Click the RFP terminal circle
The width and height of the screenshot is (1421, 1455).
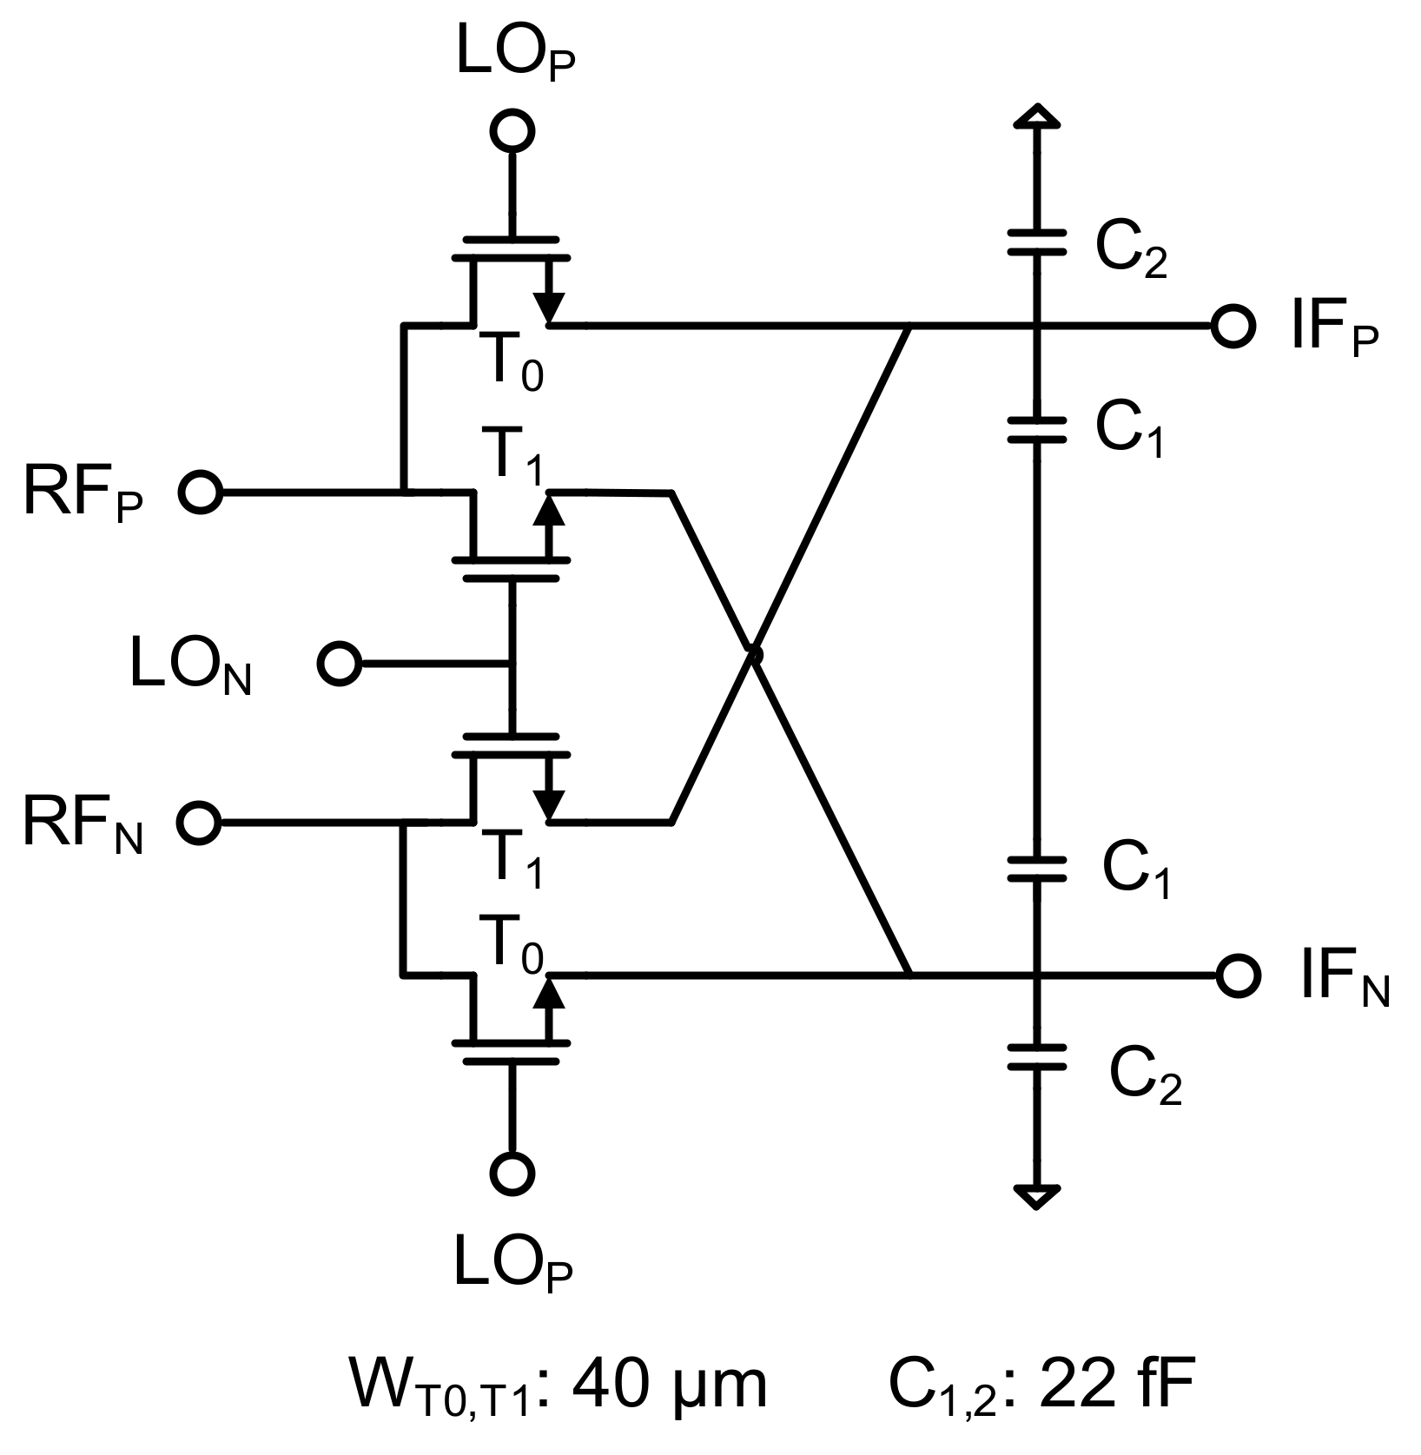201,493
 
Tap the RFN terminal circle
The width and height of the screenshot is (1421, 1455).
199,822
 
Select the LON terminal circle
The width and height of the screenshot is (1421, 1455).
339,665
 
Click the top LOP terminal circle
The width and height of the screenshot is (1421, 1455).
512,131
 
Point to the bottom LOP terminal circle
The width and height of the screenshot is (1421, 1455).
512,1174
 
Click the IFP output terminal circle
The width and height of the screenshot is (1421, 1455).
1233,327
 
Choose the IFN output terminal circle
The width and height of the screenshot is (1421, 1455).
1238,975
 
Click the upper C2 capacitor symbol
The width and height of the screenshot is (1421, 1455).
1036,242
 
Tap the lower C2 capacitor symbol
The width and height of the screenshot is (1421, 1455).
1036,1056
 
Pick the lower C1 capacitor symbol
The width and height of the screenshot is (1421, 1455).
1036,869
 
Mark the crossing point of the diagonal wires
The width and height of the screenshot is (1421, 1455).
754,653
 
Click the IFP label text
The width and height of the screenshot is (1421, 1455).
1333,332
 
